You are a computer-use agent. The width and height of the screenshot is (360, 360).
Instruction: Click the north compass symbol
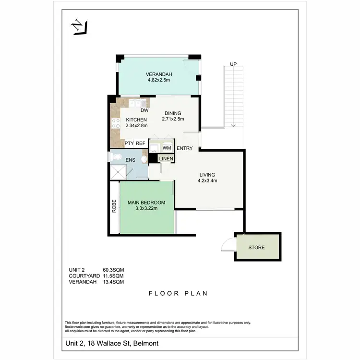pyautogui.click(x=79, y=27)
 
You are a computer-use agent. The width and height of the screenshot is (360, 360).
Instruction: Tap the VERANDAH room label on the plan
pyautogui.click(x=159, y=74)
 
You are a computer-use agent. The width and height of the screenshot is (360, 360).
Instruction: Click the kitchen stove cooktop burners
pyautogui.click(x=115, y=123)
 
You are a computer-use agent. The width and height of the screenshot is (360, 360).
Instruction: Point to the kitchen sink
pyautogui.click(x=137, y=103)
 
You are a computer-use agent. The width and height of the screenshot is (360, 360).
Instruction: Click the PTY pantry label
pyautogui.click(x=129, y=143)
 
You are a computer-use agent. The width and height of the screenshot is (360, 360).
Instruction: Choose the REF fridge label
pyautogui.click(x=141, y=143)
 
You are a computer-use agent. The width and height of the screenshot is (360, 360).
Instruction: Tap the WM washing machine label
pyautogui.click(x=167, y=148)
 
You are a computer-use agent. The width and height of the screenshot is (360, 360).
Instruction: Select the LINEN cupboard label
pyautogui.click(x=166, y=158)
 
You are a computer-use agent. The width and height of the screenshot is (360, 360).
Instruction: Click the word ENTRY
pyautogui.click(x=184, y=148)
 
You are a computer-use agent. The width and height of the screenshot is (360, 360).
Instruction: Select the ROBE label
pyautogui.click(x=114, y=206)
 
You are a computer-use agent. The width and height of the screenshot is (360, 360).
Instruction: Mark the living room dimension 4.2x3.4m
pyautogui.click(x=207, y=181)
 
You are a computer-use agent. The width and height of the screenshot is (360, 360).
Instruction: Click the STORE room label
pyautogui.click(x=256, y=248)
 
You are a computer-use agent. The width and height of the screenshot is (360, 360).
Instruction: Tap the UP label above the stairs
pyautogui.click(x=233, y=64)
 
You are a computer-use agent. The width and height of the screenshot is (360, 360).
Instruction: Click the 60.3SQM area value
pyautogui.click(x=114, y=270)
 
